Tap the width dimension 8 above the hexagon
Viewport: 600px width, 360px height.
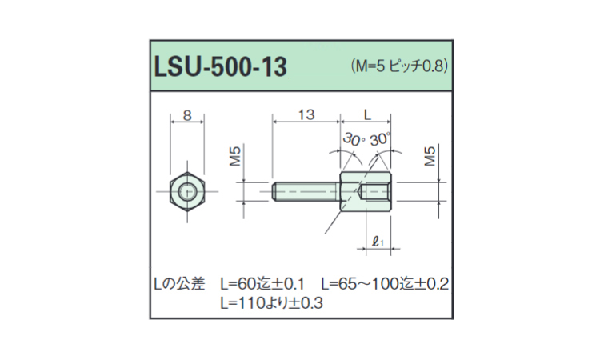[187, 115]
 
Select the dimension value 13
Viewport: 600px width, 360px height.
[306, 115]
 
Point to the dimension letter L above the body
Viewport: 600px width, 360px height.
[366, 115]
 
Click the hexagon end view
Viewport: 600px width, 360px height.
[188, 192]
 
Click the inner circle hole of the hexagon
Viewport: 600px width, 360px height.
[188, 192]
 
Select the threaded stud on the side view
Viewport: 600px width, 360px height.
[306, 192]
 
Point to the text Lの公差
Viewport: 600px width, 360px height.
[180, 284]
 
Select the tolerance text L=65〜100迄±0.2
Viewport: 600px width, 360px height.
[385, 284]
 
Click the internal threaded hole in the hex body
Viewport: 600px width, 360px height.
[377, 192]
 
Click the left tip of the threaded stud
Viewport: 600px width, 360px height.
[274, 192]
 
